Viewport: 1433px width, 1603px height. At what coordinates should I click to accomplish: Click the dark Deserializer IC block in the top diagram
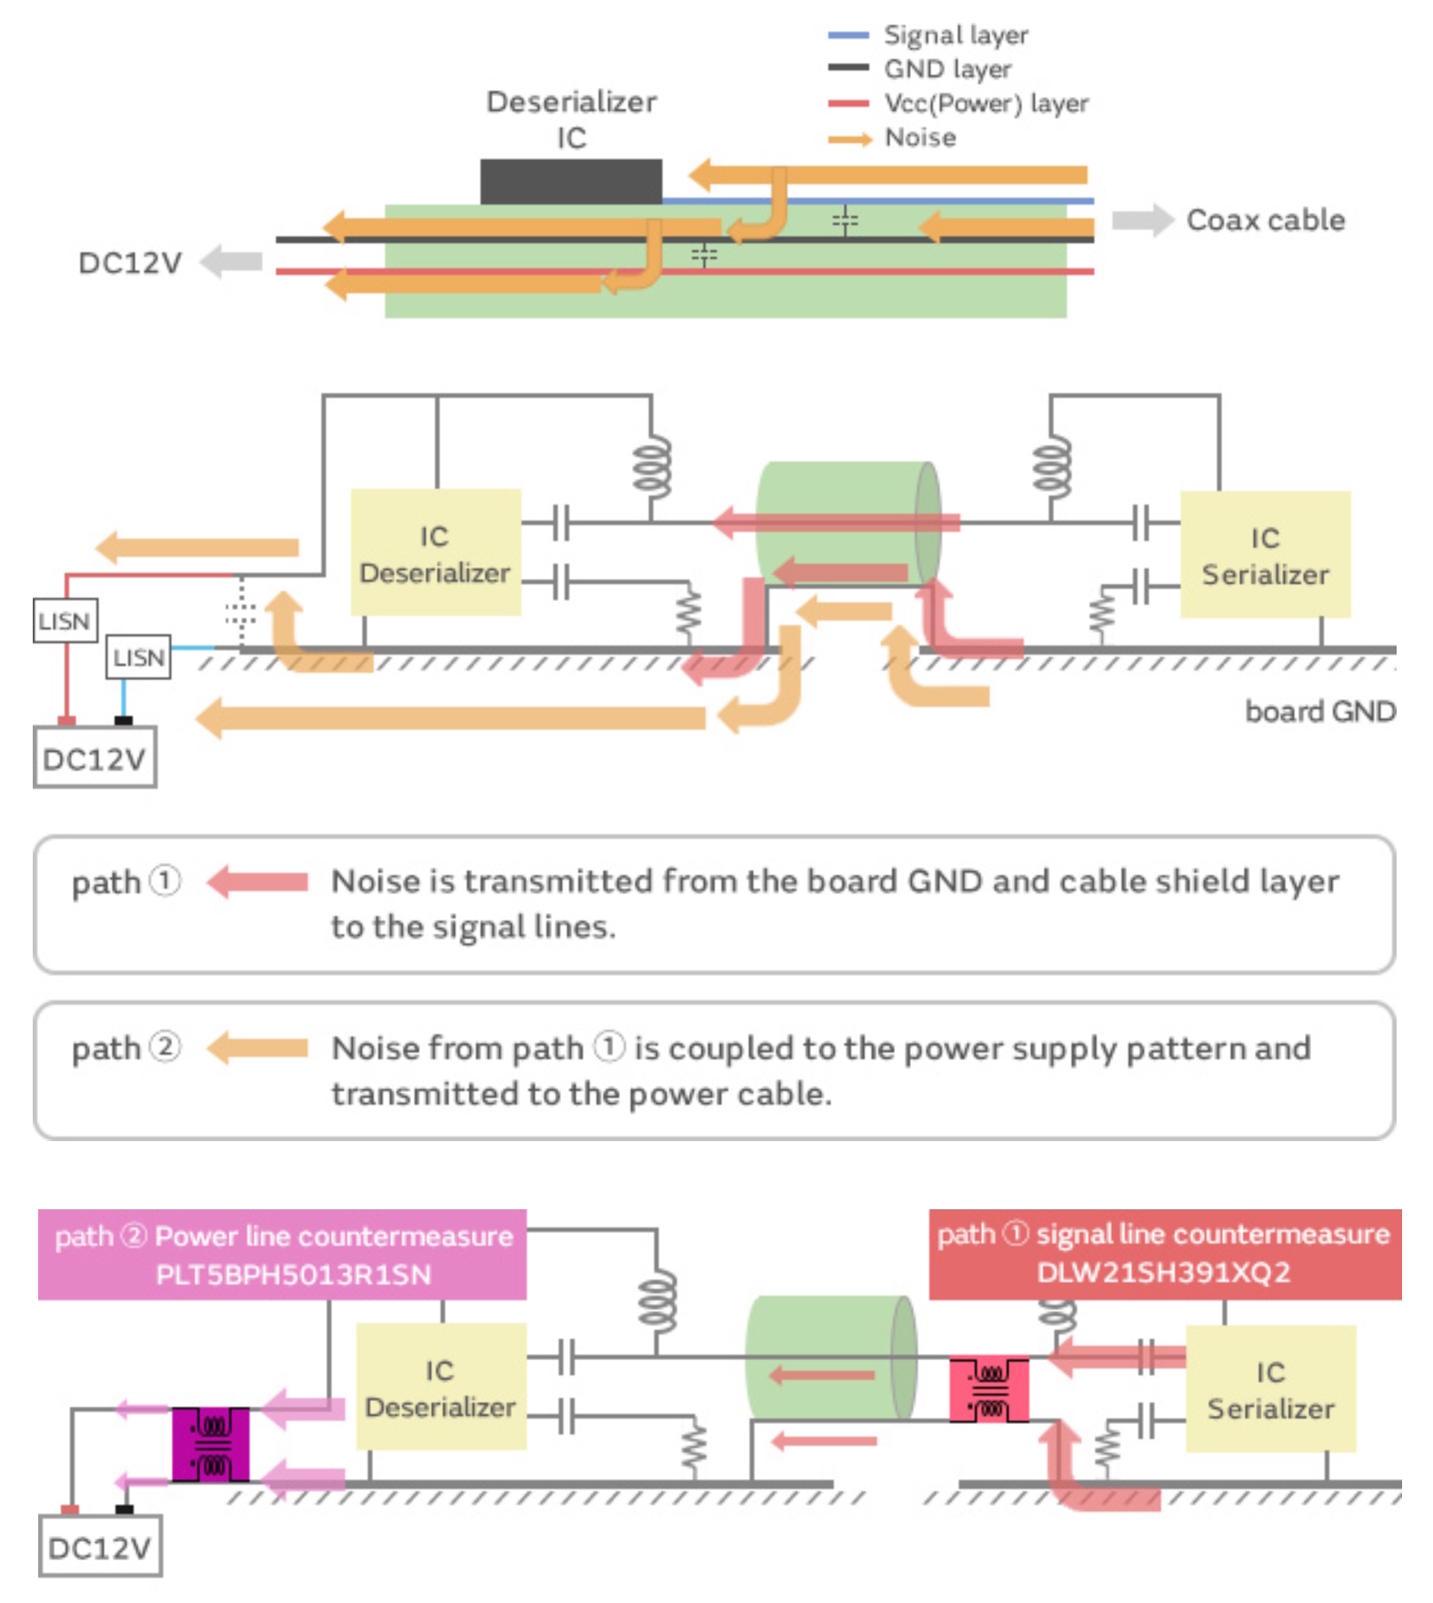tap(570, 181)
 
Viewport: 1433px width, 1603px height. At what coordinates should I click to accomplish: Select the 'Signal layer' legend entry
tap(955, 35)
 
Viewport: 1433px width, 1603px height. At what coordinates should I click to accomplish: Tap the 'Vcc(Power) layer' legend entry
tap(986, 103)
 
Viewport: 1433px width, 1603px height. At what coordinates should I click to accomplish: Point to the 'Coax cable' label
tap(1265, 220)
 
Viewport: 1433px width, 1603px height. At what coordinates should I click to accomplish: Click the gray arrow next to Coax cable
tap(1142, 220)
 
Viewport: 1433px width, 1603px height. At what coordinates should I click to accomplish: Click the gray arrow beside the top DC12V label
tap(231, 262)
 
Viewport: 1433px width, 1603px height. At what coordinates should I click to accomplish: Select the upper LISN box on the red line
tap(65, 621)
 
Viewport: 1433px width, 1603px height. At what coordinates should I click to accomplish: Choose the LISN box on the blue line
tap(139, 656)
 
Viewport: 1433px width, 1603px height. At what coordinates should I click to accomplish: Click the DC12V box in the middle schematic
tap(95, 757)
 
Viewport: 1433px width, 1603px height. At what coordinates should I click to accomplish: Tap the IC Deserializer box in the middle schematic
tap(436, 553)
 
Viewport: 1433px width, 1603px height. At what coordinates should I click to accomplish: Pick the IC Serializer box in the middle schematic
tap(1265, 555)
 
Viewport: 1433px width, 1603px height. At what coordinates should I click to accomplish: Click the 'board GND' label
tap(1319, 711)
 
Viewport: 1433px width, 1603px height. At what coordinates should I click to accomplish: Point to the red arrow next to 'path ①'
tap(257, 882)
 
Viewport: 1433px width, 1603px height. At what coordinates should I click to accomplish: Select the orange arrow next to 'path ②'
tap(257, 1048)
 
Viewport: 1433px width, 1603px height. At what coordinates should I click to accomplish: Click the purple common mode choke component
tap(211, 1444)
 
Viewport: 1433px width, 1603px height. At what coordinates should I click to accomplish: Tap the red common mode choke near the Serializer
tap(988, 1389)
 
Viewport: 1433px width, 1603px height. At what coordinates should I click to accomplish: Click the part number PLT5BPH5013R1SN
tap(293, 1275)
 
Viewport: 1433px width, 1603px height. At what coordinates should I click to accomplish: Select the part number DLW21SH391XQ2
tap(1163, 1272)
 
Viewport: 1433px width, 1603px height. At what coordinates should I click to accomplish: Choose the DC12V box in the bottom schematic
tap(100, 1547)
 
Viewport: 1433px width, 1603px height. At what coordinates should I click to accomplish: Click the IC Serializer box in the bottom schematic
tap(1270, 1388)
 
